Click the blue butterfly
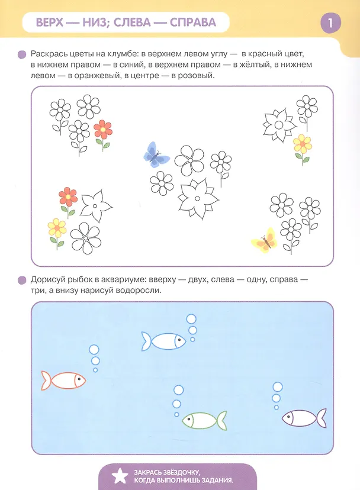[x=156, y=154]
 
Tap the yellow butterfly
[x=265, y=240]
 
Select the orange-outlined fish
[x=63, y=381]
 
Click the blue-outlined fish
[x=163, y=341]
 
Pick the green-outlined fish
[x=204, y=420]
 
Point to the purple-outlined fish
[x=304, y=418]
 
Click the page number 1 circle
[x=330, y=22]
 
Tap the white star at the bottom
[x=120, y=476]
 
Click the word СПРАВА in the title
[x=193, y=22]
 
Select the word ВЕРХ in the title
[x=50, y=22]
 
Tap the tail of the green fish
[x=222, y=420]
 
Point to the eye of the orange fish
[x=79, y=379]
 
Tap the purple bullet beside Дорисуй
[x=22, y=280]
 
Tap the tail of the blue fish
[x=146, y=341]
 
